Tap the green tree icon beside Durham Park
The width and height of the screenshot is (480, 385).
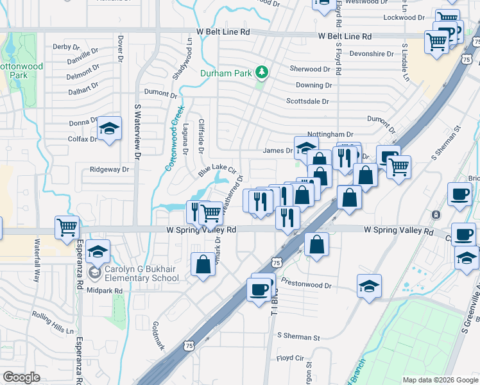tap(262, 71)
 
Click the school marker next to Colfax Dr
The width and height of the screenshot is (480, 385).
tap(109, 130)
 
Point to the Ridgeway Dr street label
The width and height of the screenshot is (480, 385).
tap(110, 170)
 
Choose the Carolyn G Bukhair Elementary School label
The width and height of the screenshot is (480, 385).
tap(143, 273)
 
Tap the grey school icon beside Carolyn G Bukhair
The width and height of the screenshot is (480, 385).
tap(95, 273)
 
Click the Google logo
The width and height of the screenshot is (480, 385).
tap(22, 377)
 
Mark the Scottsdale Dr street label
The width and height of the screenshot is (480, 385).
tap(307, 101)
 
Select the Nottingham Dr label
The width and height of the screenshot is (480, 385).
tap(331, 134)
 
